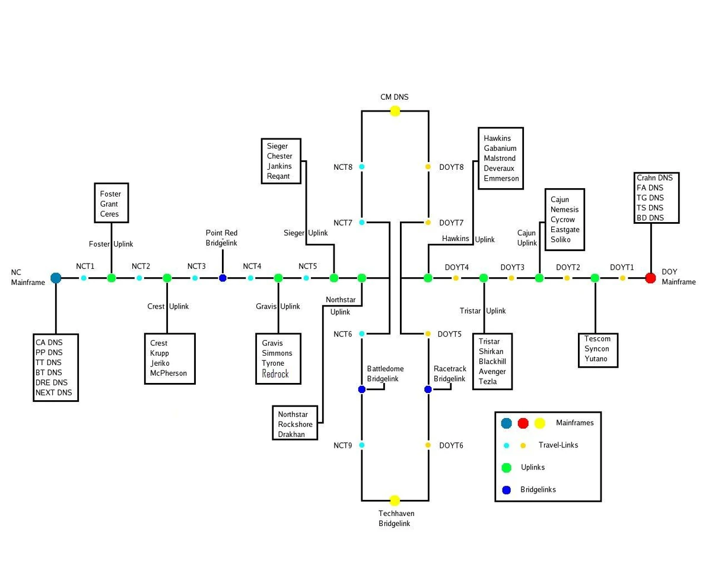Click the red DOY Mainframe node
[x=650, y=278]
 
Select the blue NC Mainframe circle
[x=56, y=278]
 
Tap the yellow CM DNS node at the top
[x=395, y=111]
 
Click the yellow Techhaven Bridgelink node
[x=395, y=501]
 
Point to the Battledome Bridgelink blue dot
[x=362, y=389]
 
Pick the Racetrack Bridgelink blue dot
[x=428, y=389]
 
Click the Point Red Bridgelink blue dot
[x=223, y=278]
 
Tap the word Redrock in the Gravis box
[x=275, y=374]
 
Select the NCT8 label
[x=343, y=167]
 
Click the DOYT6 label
[x=452, y=445]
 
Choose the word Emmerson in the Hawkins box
[x=501, y=178]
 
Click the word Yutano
[x=597, y=359]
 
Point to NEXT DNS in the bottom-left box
[x=53, y=392]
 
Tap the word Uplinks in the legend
[x=533, y=467]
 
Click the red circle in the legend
[x=523, y=423]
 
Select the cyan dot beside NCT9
[x=362, y=445]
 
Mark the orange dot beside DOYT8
[x=428, y=167]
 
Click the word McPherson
[x=169, y=373]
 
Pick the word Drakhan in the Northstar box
[x=291, y=434]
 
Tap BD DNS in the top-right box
[x=650, y=218]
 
